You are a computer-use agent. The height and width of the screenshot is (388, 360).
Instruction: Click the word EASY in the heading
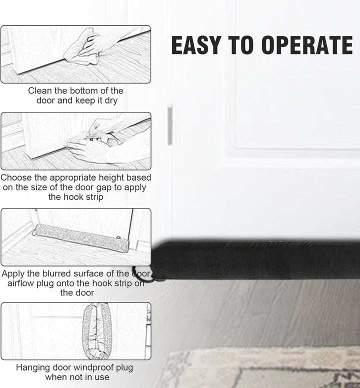click(x=195, y=45)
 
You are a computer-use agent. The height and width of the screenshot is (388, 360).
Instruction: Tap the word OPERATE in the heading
click(x=307, y=45)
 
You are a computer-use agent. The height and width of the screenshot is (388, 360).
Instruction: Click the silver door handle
click(x=170, y=125)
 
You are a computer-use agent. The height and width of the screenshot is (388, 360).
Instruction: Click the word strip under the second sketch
click(x=94, y=197)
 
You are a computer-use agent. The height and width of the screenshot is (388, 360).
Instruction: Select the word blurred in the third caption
click(x=56, y=273)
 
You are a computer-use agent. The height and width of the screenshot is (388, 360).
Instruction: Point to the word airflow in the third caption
click(x=21, y=283)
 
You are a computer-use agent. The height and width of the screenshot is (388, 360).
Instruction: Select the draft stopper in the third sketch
click(x=81, y=238)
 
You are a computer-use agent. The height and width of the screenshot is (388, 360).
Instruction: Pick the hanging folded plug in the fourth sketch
click(x=97, y=331)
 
